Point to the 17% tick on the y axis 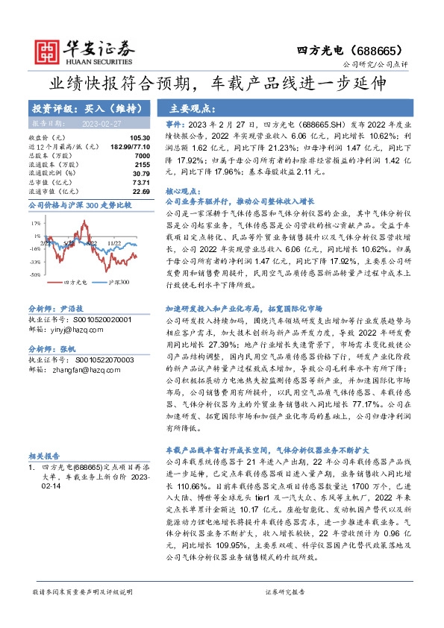(x=35, y=222)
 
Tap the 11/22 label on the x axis (x=115, y=243)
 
